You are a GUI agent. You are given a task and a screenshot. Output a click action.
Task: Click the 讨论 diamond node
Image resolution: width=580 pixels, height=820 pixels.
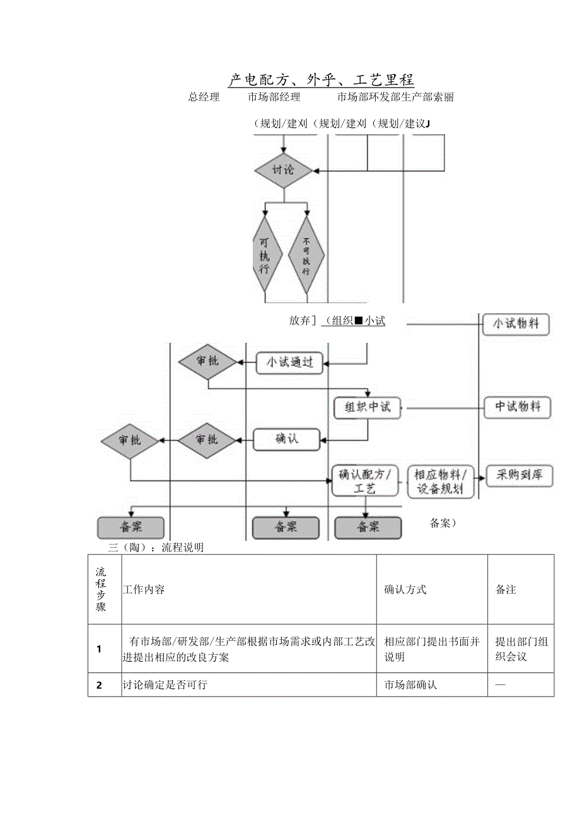coord(283,170)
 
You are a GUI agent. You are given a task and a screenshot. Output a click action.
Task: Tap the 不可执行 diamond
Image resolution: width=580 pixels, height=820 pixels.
coord(306,255)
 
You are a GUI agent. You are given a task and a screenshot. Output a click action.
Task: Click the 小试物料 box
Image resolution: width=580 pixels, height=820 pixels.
coord(516,325)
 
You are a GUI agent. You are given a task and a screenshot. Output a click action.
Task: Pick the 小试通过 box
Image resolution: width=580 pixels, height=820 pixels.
coord(290,362)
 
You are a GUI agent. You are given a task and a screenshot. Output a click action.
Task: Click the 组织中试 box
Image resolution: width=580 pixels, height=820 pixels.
coord(367,407)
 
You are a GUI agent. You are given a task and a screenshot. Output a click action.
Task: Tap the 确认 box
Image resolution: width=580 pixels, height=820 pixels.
coord(286,439)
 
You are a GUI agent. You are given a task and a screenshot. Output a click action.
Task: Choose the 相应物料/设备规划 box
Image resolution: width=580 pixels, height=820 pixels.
coord(441,482)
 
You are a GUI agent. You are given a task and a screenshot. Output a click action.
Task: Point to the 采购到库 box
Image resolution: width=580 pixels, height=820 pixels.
coord(519,476)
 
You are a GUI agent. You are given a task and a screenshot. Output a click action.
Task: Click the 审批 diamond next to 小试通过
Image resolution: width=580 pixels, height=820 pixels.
coord(207,361)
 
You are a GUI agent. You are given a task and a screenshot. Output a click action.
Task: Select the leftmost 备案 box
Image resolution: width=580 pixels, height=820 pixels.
coord(130,528)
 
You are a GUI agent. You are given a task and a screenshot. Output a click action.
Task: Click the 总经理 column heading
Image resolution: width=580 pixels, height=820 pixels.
coord(204,97)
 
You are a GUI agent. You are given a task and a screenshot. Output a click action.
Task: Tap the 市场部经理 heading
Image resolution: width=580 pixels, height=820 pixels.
coord(274,97)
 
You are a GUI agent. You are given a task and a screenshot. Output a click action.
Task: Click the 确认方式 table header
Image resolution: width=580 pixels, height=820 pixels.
coord(405,590)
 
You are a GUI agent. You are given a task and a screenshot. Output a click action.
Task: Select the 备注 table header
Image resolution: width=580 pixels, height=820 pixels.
coord(506,590)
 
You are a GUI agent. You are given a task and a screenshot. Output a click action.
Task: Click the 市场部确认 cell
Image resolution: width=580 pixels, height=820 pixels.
coord(410,685)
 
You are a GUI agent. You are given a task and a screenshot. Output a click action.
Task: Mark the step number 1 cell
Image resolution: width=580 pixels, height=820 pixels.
coord(99,649)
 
